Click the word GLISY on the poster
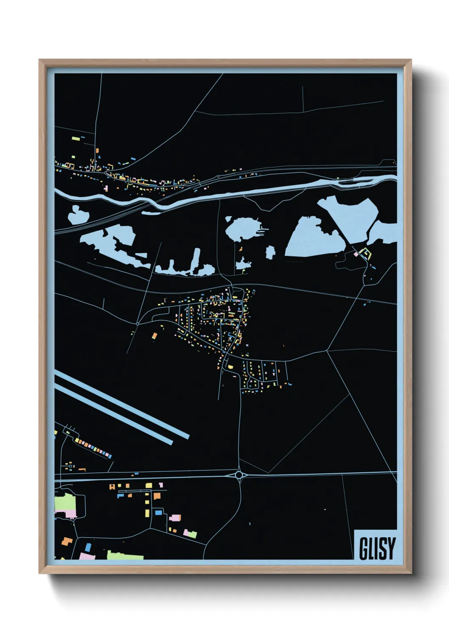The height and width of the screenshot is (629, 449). click(377, 548)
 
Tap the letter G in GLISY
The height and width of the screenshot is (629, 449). click(364, 548)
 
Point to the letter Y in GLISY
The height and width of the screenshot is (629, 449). click(391, 548)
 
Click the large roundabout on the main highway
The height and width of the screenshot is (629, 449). click(239, 474)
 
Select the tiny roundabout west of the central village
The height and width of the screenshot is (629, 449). click(138, 324)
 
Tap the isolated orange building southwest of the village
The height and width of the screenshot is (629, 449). click(154, 336)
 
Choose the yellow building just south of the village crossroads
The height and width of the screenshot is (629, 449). click(230, 367)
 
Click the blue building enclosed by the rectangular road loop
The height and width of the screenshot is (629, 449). click(158, 513)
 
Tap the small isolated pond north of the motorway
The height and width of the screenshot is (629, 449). click(76, 215)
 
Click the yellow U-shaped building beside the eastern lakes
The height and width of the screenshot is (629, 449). click(365, 254)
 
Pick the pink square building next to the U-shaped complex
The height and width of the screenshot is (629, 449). click(356, 254)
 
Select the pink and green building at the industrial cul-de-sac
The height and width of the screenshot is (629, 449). click(190, 534)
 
